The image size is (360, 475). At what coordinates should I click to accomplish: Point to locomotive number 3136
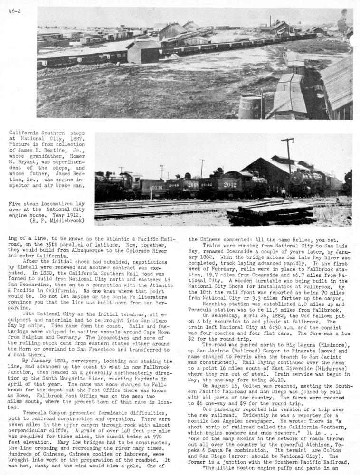pyautogui.click(x=157, y=188)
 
